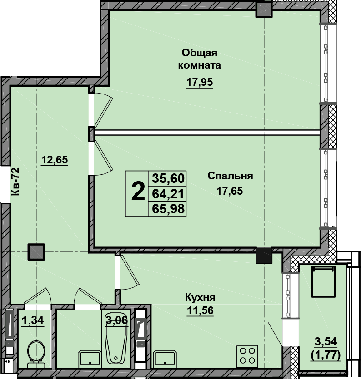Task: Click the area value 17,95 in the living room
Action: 200,82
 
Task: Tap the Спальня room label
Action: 230,176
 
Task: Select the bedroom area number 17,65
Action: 230,191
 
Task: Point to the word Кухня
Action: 200,298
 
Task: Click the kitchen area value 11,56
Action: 200,310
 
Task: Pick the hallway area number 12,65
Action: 55,160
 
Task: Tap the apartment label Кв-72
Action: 15,182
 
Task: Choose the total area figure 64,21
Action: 168,194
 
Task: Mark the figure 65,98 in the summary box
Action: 168,209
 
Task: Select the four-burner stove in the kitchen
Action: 247,355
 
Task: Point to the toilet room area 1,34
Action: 33,320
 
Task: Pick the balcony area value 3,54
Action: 326,341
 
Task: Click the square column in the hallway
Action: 36,252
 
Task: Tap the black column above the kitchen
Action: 264,256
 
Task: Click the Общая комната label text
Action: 200,59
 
